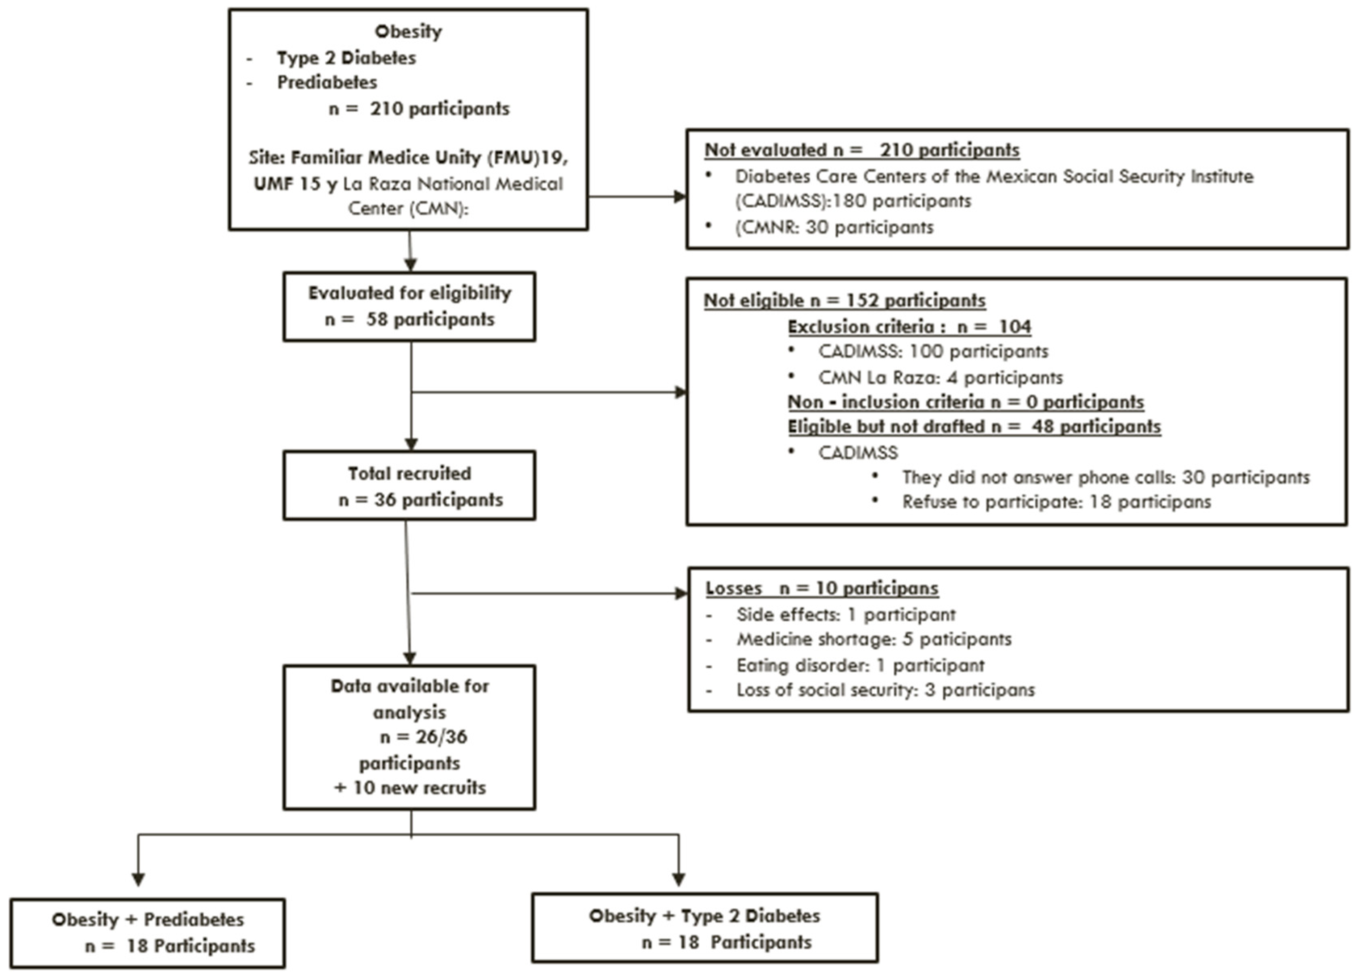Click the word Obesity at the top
pos(409,31)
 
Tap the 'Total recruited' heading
pos(410,473)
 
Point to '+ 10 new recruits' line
pos(410,787)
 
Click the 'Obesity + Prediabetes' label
pos(148,919)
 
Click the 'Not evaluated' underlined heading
pos(861,150)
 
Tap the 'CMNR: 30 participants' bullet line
pos(834,227)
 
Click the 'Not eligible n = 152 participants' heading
pos(844,300)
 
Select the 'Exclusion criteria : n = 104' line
pos(909,327)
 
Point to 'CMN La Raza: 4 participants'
pos(940,377)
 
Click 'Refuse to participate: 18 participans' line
pos(1056,501)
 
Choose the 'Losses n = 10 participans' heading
pos(822,588)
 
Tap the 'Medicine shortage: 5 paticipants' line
pos(874,639)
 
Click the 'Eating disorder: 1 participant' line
pos(860,665)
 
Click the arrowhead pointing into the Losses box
pos(681,594)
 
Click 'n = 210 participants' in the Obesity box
pos(419,109)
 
